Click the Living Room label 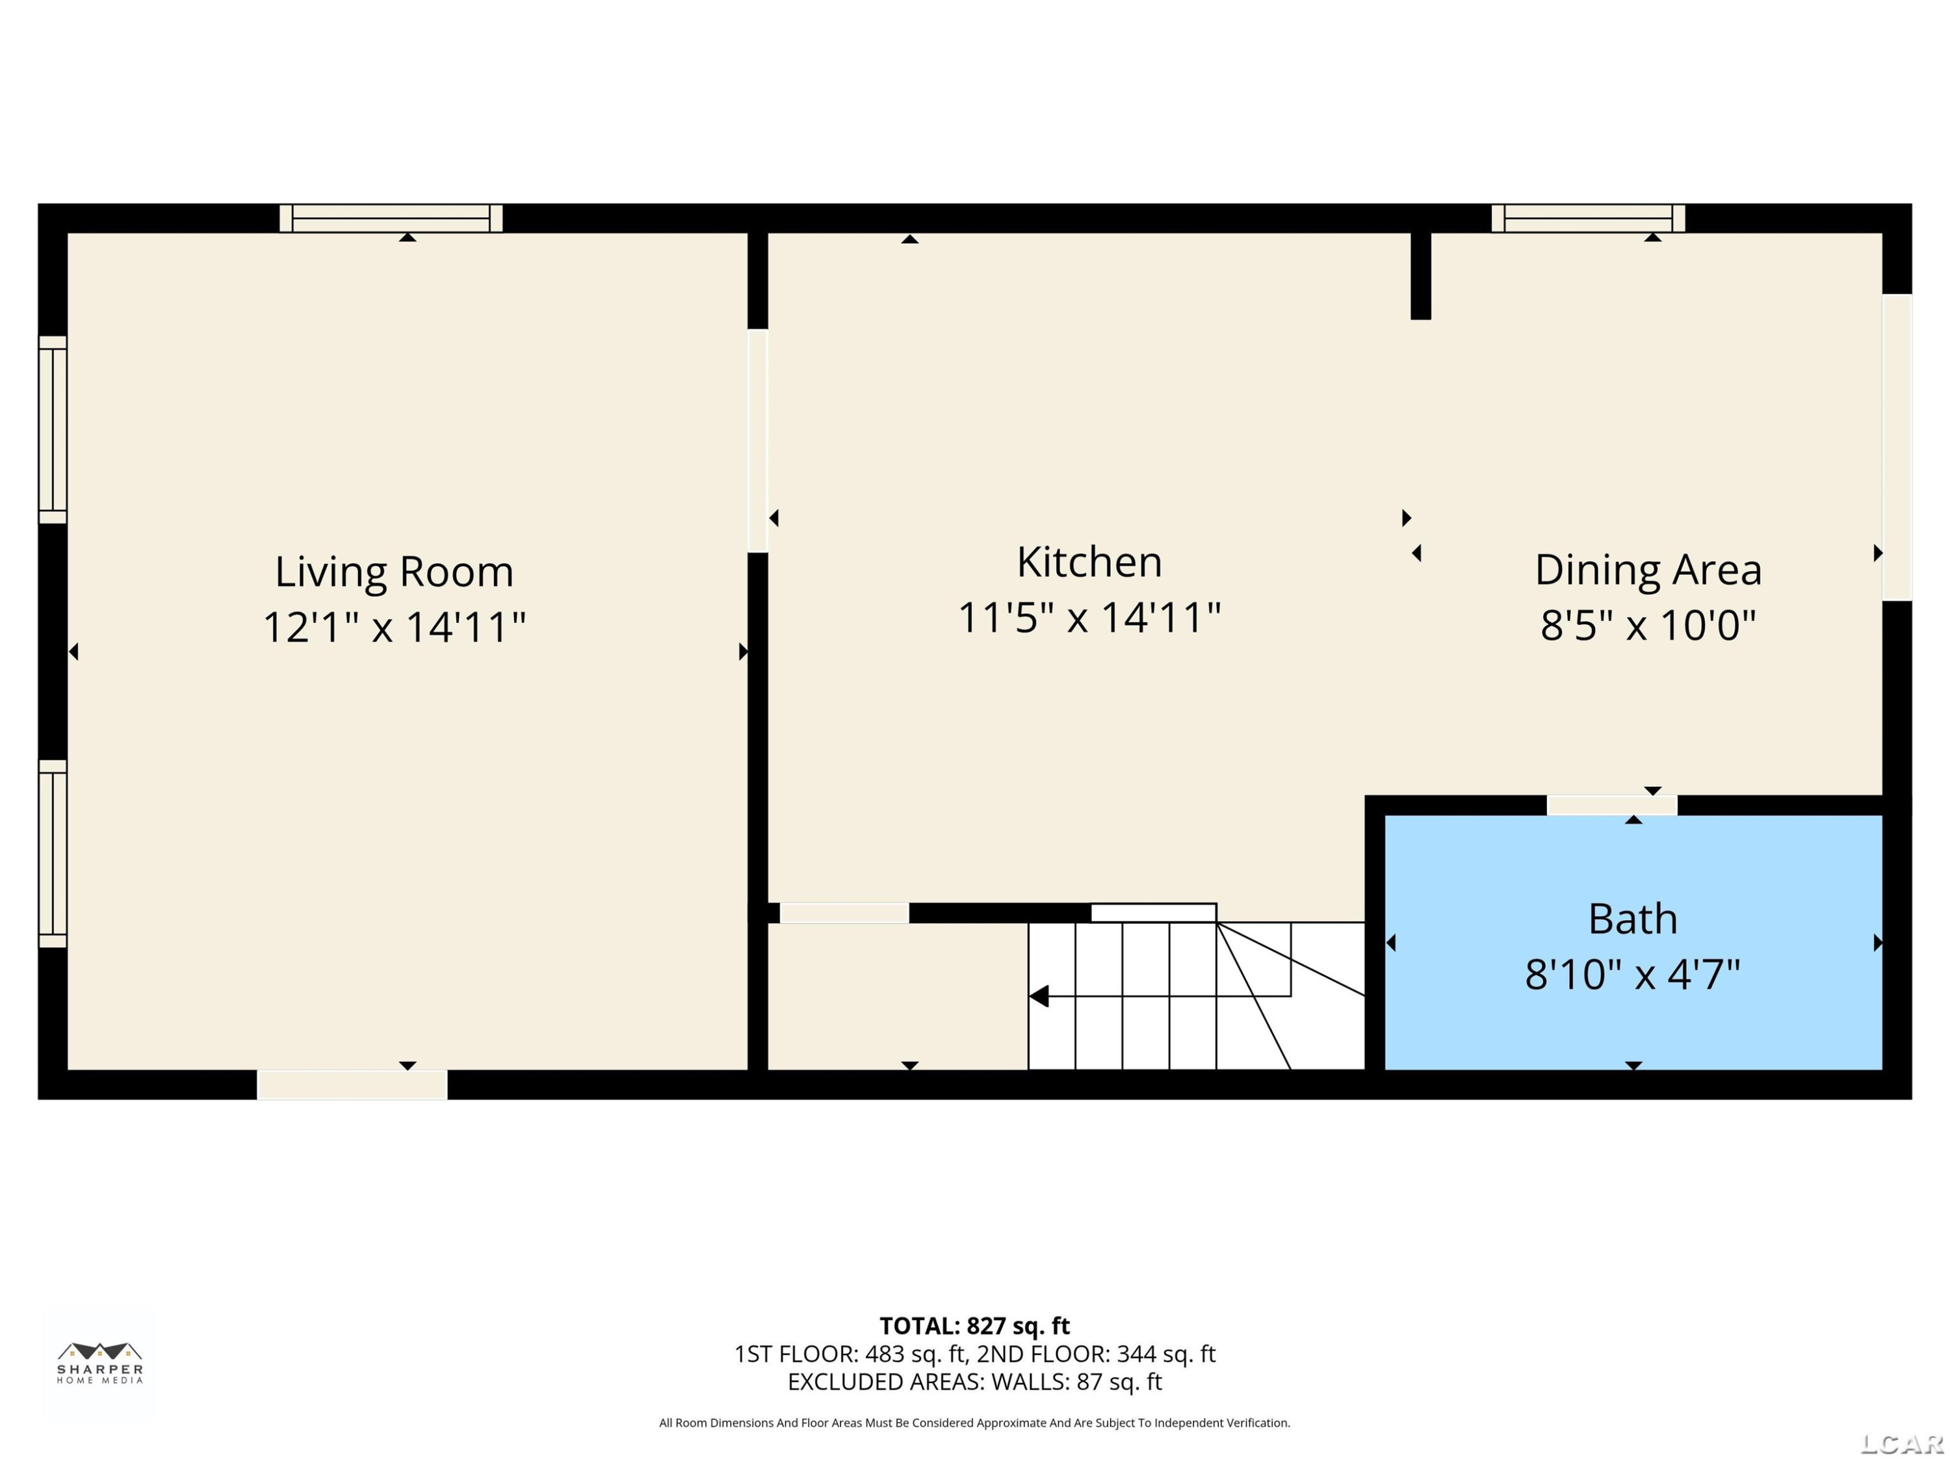coord(394,572)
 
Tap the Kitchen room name coord(1089,562)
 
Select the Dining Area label coord(1648,569)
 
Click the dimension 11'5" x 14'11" coord(1089,616)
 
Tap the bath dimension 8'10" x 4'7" coord(1633,975)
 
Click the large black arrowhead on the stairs coord(1039,997)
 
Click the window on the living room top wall coord(391,218)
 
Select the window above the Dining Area coord(1589,218)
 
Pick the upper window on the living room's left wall coord(53,429)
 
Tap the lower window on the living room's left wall coord(53,854)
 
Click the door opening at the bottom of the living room coord(352,1085)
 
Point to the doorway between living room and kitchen coord(758,441)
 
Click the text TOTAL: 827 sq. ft coord(974,1326)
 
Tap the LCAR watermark coord(1901,1443)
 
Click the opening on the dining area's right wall coord(1897,447)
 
